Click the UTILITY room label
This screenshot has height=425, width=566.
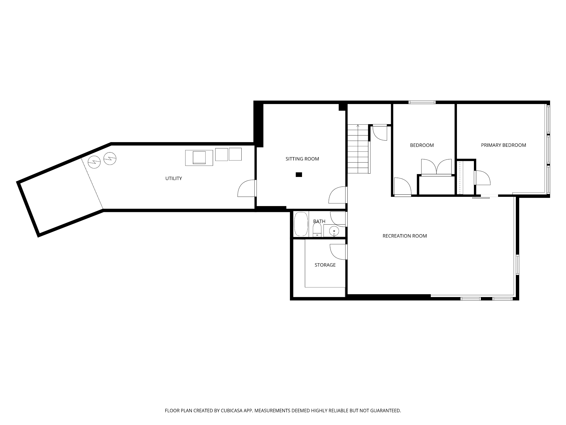174,178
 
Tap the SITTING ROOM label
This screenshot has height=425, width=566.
302,159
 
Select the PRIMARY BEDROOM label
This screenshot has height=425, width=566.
503,145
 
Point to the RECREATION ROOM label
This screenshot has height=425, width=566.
405,236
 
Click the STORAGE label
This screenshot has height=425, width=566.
325,265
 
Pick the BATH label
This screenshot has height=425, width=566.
319,221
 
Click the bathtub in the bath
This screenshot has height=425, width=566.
301,224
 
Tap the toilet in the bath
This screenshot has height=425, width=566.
317,230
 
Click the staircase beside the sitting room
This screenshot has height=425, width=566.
358,149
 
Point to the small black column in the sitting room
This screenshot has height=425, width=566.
299,175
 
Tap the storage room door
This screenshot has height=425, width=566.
339,252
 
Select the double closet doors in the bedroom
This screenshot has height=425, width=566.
436,167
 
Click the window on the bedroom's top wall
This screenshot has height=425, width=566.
422,102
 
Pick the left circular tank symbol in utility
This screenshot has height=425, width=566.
94,162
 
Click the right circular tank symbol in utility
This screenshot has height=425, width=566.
110,159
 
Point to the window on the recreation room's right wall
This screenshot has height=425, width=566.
517,265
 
